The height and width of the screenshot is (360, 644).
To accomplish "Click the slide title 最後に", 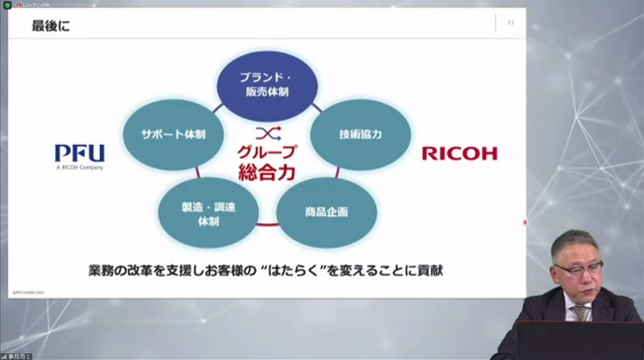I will pyautogui.click(x=51, y=27).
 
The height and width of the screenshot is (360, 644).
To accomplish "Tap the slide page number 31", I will pyautogui.click(x=510, y=23).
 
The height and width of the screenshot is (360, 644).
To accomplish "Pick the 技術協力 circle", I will pyautogui.click(x=360, y=134).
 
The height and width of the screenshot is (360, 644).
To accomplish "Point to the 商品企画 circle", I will pyautogui.click(x=326, y=212).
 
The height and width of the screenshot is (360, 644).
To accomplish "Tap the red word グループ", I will pyautogui.click(x=266, y=151).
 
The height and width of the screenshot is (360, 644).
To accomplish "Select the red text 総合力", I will pyautogui.click(x=266, y=172).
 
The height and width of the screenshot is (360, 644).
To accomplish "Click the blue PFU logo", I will pyautogui.click(x=79, y=153).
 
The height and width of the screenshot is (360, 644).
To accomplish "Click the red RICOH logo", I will pyautogui.click(x=460, y=153).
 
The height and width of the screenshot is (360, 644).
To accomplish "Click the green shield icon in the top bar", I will pyautogui.click(x=7, y=4).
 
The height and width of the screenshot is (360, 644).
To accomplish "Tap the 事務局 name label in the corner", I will pyautogui.click(x=19, y=355).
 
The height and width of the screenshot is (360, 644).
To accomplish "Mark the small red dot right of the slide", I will pyautogui.click(x=525, y=222).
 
